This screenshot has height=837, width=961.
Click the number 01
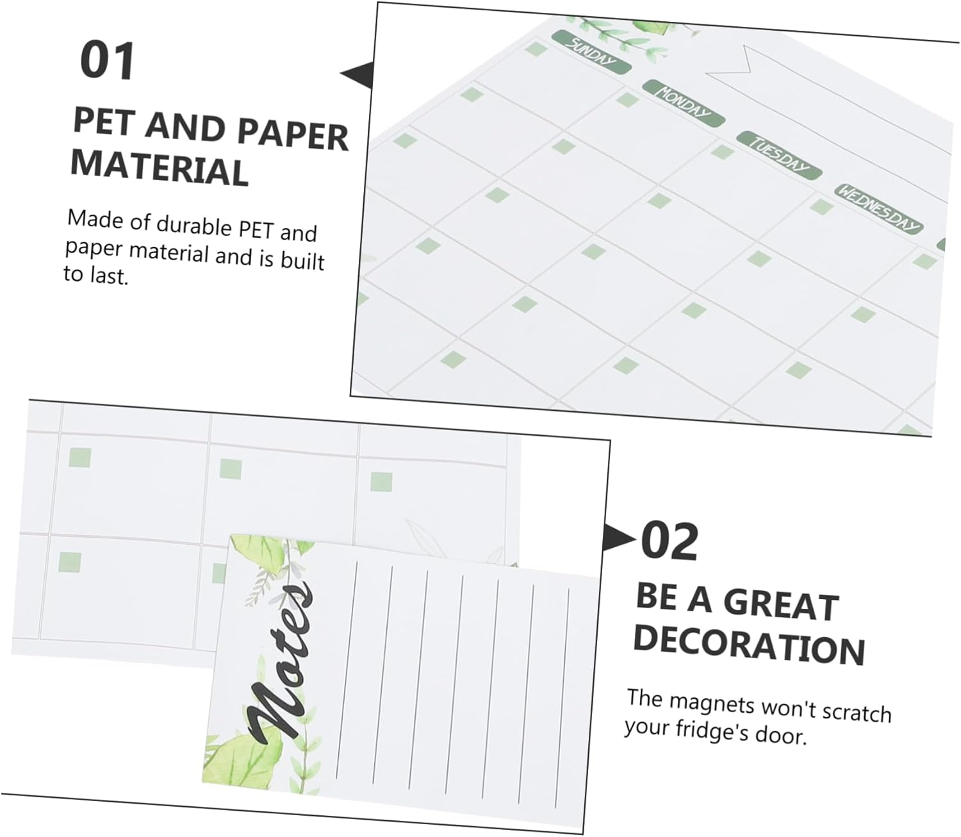108,61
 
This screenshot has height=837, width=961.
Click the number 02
669,542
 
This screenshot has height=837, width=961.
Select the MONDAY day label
684,104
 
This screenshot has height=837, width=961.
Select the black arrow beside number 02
620,537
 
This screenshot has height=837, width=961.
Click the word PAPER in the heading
293,137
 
